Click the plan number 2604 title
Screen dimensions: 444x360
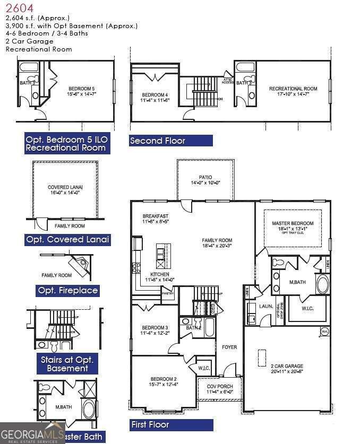click(x=20, y=8)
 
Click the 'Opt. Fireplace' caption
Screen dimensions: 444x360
click(x=68, y=291)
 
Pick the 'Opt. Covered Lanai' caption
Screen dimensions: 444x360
click(x=68, y=240)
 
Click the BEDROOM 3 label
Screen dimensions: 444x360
click(x=154, y=330)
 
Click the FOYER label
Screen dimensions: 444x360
click(x=229, y=347)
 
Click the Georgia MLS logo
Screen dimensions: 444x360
click(x=32, y=432)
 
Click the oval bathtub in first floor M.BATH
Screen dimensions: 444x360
click(x=322, y=284)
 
